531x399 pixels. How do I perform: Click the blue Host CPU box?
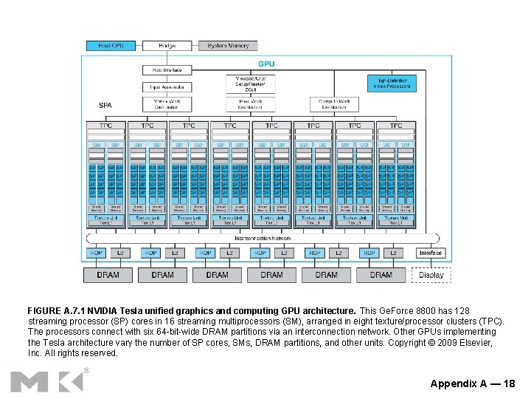(111, 46)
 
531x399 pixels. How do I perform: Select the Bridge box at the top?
(167, 46)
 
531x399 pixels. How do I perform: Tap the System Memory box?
(228, 46)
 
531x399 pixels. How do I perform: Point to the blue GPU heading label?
(266, 64)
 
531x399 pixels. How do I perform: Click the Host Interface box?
(167, 69)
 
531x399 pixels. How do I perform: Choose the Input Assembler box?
(167, 86)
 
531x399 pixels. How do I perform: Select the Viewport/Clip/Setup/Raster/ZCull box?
(255, 83)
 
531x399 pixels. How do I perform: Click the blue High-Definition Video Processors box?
(392, 83)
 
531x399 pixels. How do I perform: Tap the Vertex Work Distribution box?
(167, 104)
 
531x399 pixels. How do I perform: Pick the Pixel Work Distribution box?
(255, 104)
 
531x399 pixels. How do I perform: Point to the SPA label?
(105, 106)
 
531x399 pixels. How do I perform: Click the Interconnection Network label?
(263, 239)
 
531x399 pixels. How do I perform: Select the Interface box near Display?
(431, 253)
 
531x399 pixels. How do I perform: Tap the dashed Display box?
(431, 275)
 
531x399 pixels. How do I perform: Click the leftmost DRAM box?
(108, 275)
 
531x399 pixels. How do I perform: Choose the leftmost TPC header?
(107, 126)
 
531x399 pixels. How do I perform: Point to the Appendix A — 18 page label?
(473, 383)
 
